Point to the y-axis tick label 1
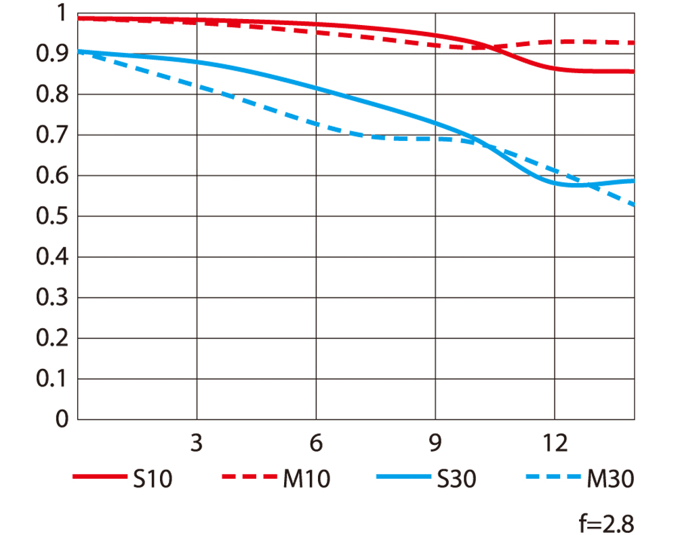click(x=62, y=14)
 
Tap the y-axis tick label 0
click(x=62, y=420)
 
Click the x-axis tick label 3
click(x=197, y=444)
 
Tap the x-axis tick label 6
click(x=315, y=444)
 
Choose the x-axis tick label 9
click(x=435, y=444)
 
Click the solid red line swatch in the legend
click(x=98, y=478)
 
